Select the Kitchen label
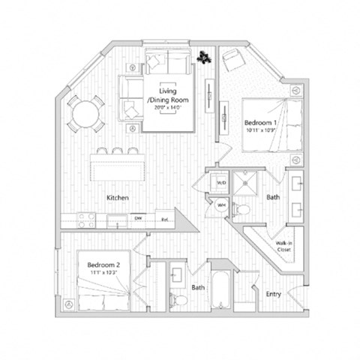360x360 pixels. click(x=118, y=197)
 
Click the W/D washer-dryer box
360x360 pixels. click(x=222, y=183)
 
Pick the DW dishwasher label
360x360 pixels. click(x=138, y=219)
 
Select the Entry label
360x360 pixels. click(x=274, y=294)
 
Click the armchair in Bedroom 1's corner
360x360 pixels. click(x=233, y=59)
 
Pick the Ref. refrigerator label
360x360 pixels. click(x=165, y=219)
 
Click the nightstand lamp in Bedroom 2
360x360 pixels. click(x=69, y=304)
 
